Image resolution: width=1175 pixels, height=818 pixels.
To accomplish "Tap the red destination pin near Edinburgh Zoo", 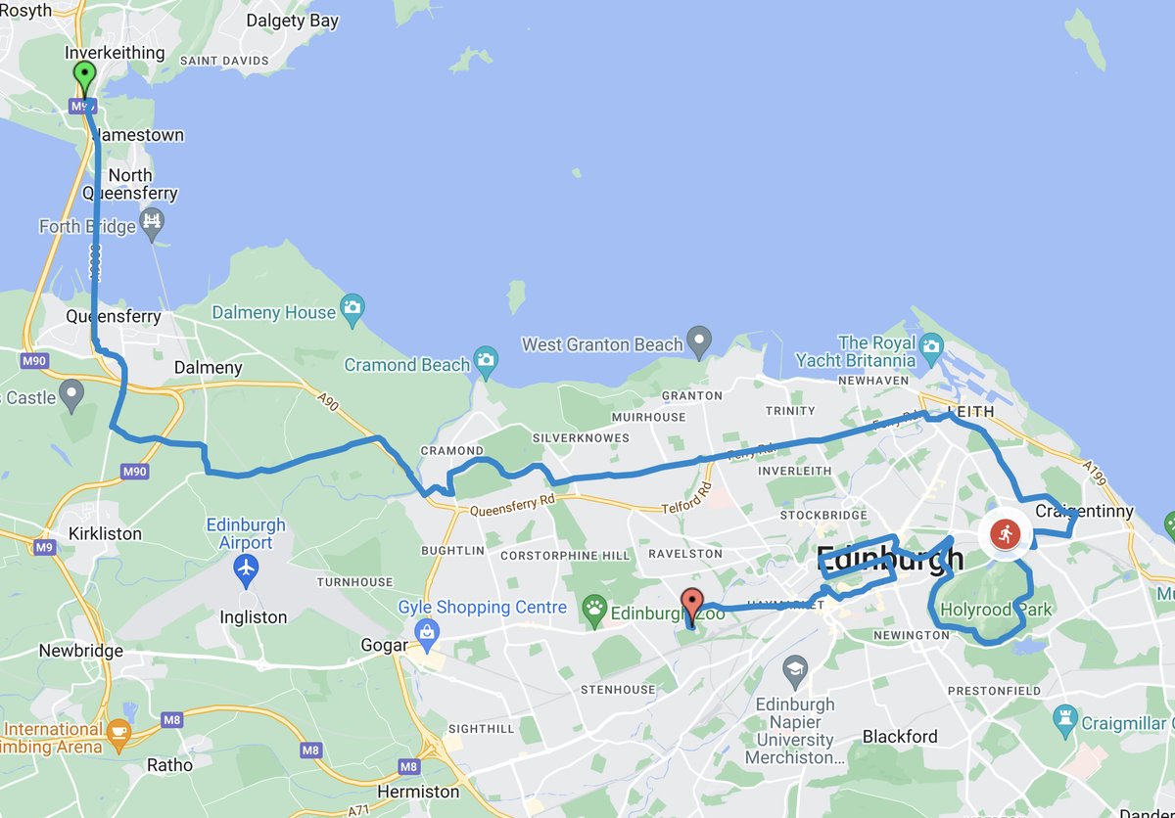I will coord(692,603).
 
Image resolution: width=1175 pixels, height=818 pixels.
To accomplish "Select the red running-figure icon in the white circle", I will coord(1005,534).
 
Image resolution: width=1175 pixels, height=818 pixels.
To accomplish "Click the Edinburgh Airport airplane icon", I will coord(247,567).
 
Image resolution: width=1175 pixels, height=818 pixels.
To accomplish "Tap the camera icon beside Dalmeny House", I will coord(352,310).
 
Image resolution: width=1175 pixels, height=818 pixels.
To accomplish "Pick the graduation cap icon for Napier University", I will coord(796,671).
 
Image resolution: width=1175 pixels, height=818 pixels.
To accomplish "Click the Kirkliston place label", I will coord(105,534).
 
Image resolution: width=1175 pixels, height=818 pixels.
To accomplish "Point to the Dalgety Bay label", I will coord(292,21).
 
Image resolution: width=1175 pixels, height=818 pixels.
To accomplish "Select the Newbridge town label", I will coord(81,651).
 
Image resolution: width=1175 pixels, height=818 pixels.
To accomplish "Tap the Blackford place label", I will coord(900,737).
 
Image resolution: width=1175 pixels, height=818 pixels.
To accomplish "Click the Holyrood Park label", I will coord(996,611).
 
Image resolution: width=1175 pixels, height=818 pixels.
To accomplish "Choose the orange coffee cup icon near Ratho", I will coord(118,733).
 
